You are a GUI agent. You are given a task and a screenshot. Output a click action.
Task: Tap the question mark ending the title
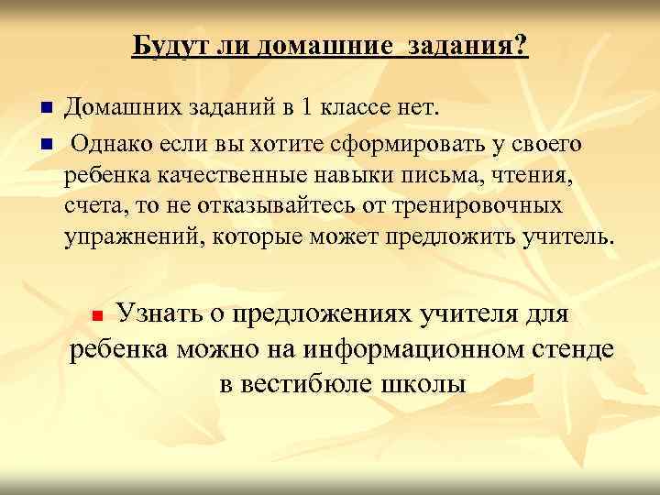522,45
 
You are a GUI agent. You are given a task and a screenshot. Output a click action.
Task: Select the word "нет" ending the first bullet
419,109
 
